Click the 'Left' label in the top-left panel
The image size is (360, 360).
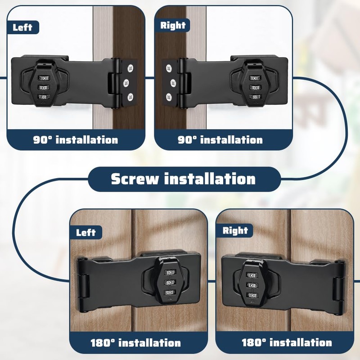click(22, 27)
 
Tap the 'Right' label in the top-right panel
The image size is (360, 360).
click(173, 25)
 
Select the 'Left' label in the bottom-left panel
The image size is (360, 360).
click(85, 233)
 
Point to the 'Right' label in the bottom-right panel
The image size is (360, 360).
click(235, 230)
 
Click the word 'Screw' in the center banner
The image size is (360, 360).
click(135, 179)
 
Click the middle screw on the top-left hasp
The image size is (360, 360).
click(126, 83)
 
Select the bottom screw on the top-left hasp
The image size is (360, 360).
click(130, 97)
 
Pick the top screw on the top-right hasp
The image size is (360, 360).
click(169, 68)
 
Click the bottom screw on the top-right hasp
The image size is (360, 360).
click(169, 97)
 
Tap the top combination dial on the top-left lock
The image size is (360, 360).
click(43, 78)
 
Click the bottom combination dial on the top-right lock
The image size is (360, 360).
click(255, 97)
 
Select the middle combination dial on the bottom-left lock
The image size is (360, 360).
click(170, 283)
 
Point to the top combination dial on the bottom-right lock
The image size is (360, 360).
click(252, 275)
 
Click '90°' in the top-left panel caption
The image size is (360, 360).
click(42, 140)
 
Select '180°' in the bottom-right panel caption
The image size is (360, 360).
click(254, 342)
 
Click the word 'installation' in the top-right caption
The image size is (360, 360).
click(231, 140)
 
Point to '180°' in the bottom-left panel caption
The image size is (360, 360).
click(103, 343)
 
